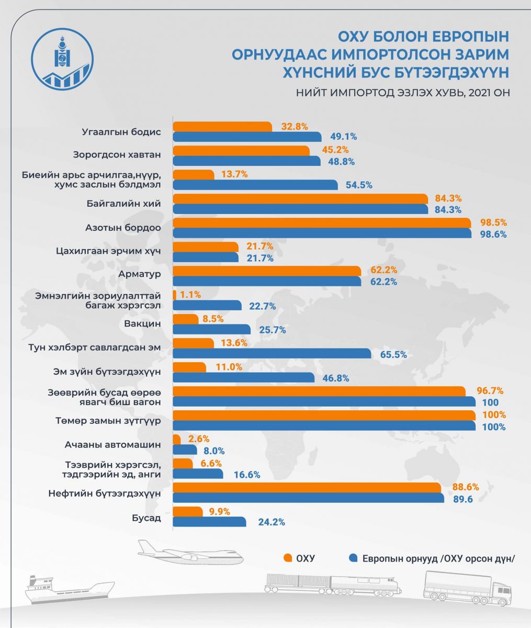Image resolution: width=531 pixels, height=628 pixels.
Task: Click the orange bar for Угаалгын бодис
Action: (222, 127)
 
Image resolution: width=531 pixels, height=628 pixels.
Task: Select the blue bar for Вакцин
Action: (212, 330)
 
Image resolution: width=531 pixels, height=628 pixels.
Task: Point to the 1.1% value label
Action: (190, 295)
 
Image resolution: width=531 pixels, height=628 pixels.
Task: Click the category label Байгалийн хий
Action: (130, 203)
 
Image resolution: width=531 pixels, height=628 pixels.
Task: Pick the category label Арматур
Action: (142, 274)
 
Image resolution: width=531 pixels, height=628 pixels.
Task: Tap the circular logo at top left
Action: (63, 57)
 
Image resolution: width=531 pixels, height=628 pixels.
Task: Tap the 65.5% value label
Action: (393, 355)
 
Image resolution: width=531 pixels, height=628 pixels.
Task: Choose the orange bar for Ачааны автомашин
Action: (176, 439)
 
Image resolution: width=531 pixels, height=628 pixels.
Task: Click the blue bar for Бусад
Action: (209, 522)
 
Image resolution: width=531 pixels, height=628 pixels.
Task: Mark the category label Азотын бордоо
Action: (123, 228)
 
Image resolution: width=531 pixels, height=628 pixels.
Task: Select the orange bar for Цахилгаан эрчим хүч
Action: (205, 246)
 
